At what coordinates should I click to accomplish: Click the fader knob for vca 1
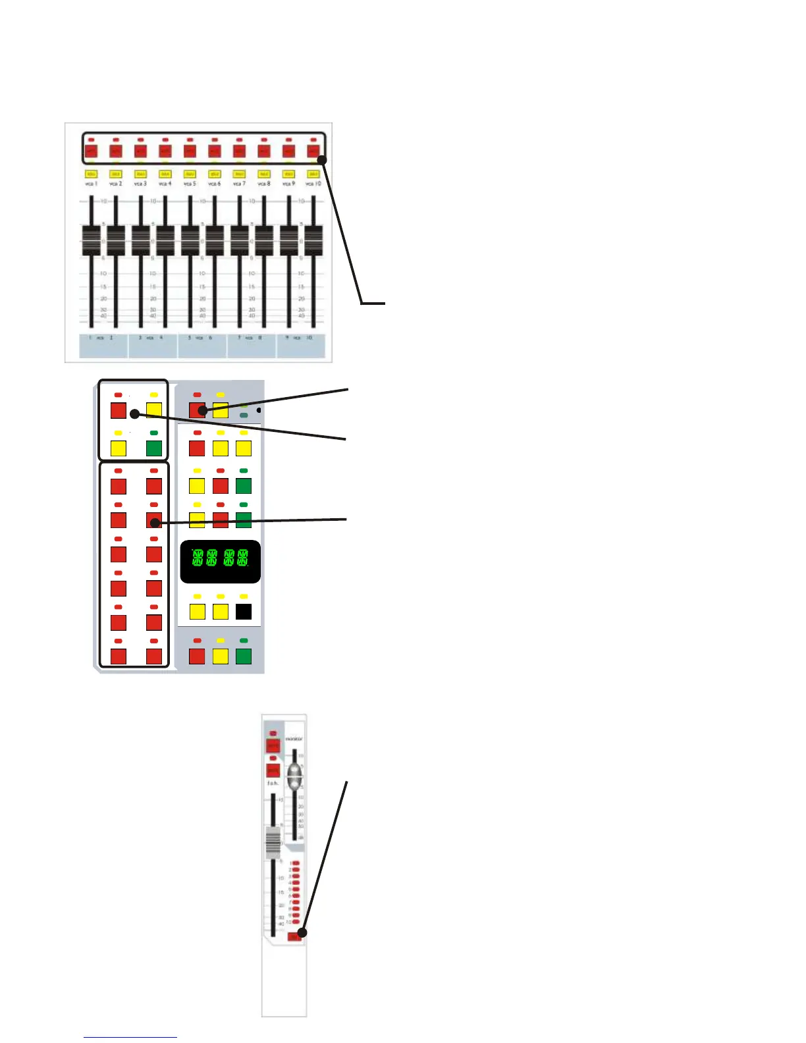[x=91, y=240]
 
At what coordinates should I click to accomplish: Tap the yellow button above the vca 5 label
[x=190, y=174]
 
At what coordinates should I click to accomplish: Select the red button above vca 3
[x=140, y=151]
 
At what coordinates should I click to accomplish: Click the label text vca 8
[x=264, y=184]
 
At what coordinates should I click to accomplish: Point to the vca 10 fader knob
[x=313, y=240]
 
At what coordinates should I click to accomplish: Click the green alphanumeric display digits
[x=220, y=558]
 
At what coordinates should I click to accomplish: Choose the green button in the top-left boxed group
[x=154, y=448]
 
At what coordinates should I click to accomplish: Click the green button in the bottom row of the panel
[x=244, y=656]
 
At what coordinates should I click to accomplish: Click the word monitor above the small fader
[x=294, y=739]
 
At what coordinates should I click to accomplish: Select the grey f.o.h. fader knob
[x=273, y=842]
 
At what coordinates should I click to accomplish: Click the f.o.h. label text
[x=273, y=784]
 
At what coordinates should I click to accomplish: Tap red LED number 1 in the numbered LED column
[x=296, y=863]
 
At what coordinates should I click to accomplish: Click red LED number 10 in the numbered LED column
[x=296, y=921]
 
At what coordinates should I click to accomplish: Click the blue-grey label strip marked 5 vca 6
[x=202, y=346]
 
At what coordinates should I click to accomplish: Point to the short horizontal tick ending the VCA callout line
[x=373, y=303]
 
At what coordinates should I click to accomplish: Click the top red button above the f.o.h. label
[x=273, y=745]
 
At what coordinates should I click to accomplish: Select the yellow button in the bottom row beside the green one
[x=221, y=656]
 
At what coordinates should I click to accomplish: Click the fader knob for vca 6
[x=215, y=240]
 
